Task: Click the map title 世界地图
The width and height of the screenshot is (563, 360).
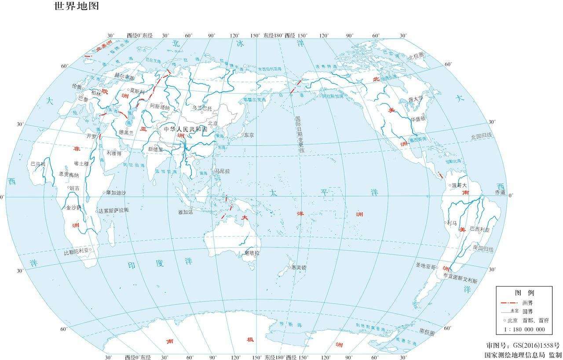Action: click(76, 6)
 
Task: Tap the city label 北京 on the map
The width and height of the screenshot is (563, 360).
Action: click(213, 123)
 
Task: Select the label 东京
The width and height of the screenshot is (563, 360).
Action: click(249, 135)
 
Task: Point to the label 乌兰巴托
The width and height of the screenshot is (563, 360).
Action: click(202, 108)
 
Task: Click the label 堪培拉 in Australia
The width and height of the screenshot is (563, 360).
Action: click(252, 253)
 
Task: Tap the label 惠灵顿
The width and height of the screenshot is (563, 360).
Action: click(299, 267)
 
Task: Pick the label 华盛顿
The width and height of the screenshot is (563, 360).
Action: click(418, 119)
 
